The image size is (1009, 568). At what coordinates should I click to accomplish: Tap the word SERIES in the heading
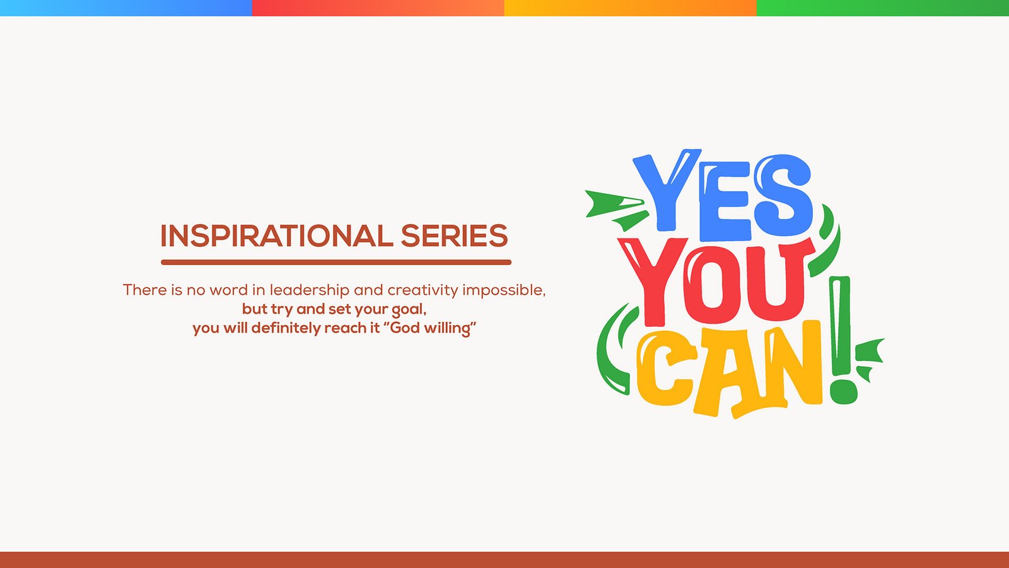click(455, 236)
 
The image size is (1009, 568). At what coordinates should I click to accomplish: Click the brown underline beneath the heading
click(336, 263)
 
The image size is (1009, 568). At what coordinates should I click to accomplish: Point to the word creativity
click(423, 290)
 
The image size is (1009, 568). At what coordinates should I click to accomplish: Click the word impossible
click(504, 290)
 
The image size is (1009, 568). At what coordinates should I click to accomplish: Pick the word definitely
click(286, 328)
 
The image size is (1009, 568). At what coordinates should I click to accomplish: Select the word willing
click(448, 328)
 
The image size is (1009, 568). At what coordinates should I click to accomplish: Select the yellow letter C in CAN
click(666, 367)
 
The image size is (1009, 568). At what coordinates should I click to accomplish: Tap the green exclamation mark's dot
click(843, 392)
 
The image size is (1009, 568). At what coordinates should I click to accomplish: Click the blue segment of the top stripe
click(126, 8)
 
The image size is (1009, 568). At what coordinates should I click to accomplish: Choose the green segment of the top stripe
click(883, 8)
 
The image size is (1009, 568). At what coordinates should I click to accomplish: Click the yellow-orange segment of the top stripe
click(631, 8)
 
